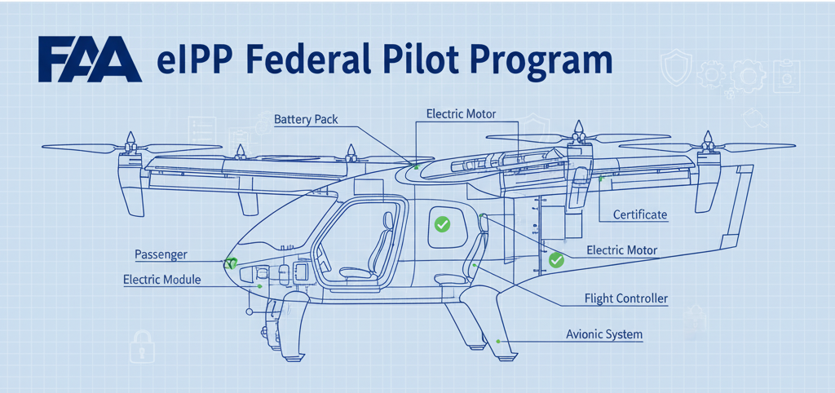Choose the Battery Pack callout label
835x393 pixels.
306,120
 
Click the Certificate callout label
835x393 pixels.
639,215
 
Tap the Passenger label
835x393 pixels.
161,254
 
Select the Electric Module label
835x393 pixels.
161,280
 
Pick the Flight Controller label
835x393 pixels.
626,298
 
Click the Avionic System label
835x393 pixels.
604,334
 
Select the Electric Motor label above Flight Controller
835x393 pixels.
621,249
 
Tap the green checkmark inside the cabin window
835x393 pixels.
442,223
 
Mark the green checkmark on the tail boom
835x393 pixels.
556,260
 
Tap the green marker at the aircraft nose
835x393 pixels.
231,263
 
